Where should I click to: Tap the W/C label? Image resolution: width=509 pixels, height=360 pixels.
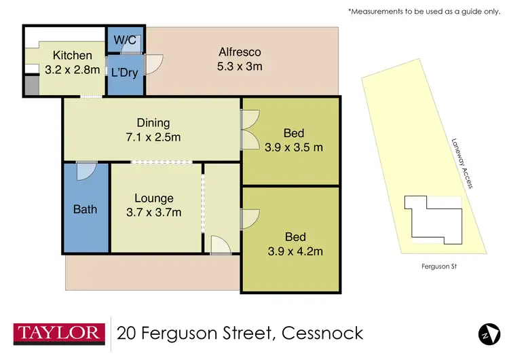(126, 39)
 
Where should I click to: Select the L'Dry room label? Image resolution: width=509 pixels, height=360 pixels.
(125, 71)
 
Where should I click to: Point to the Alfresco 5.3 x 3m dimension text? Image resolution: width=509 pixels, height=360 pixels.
(240, 66)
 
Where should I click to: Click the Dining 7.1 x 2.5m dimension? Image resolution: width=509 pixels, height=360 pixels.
(153, 137)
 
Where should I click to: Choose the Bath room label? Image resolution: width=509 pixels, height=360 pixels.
(85, 209)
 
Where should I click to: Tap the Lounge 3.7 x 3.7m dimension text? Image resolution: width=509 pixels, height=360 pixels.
(153, 212)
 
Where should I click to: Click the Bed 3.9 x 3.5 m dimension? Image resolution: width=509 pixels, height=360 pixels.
(294, 146)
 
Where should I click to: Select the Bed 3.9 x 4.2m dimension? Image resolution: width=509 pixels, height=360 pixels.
(294, 251)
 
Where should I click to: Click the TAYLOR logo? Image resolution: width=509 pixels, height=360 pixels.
(59, 333)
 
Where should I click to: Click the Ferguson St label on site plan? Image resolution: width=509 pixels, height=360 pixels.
(439, 266)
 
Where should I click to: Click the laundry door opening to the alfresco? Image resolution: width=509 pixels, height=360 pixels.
(154, 64)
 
